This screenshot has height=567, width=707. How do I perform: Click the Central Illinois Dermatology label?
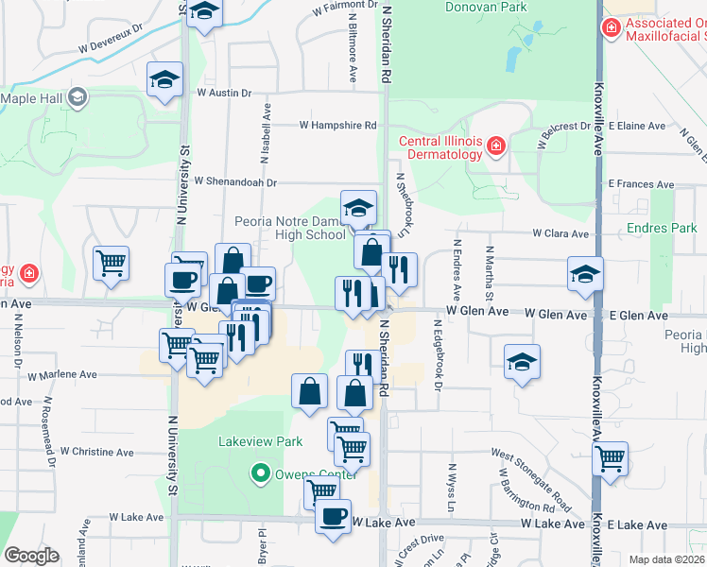440,148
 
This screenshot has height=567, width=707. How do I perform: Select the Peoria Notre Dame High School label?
290,228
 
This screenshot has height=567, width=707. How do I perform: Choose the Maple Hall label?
31,97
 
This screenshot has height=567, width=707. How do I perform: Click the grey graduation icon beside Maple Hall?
78,96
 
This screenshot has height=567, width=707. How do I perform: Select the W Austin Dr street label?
224,94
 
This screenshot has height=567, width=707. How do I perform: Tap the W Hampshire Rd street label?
338,125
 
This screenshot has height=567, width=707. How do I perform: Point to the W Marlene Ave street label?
62,374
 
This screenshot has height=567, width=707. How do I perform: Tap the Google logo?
31,556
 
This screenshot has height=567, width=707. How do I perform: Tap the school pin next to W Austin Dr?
164,79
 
